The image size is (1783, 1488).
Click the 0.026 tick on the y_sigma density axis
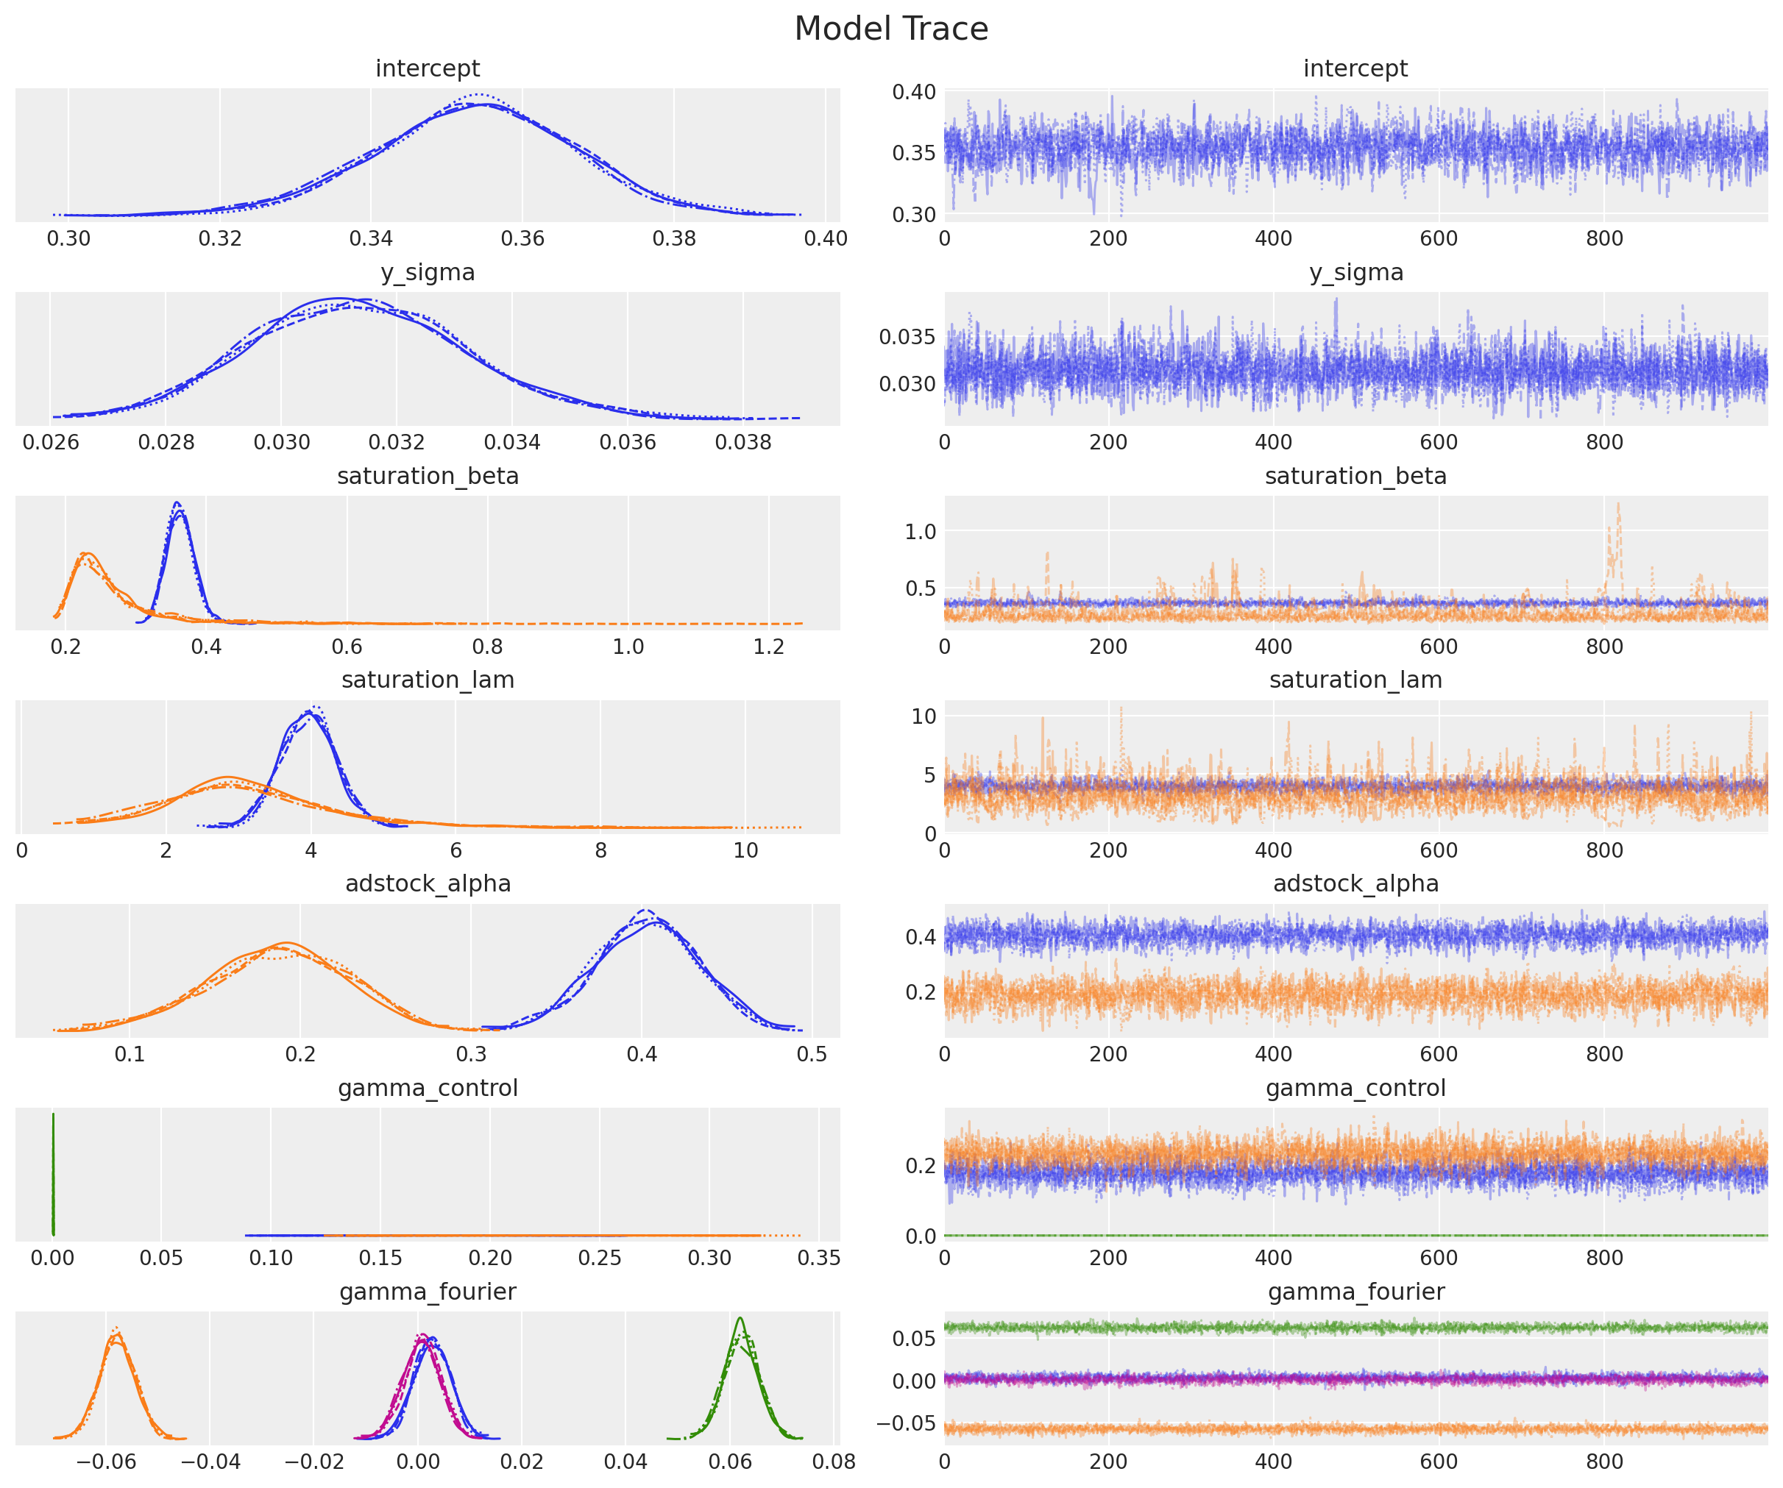(50, 442)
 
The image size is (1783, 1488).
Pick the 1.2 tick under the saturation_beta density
(768, 647)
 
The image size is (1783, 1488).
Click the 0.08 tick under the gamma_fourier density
(834, 1462)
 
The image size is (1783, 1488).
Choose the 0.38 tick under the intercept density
(673, 238)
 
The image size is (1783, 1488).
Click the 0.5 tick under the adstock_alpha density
(812, 1054)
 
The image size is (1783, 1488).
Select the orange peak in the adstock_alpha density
(286, 944)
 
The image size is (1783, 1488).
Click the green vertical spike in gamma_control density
(53, 1175)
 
